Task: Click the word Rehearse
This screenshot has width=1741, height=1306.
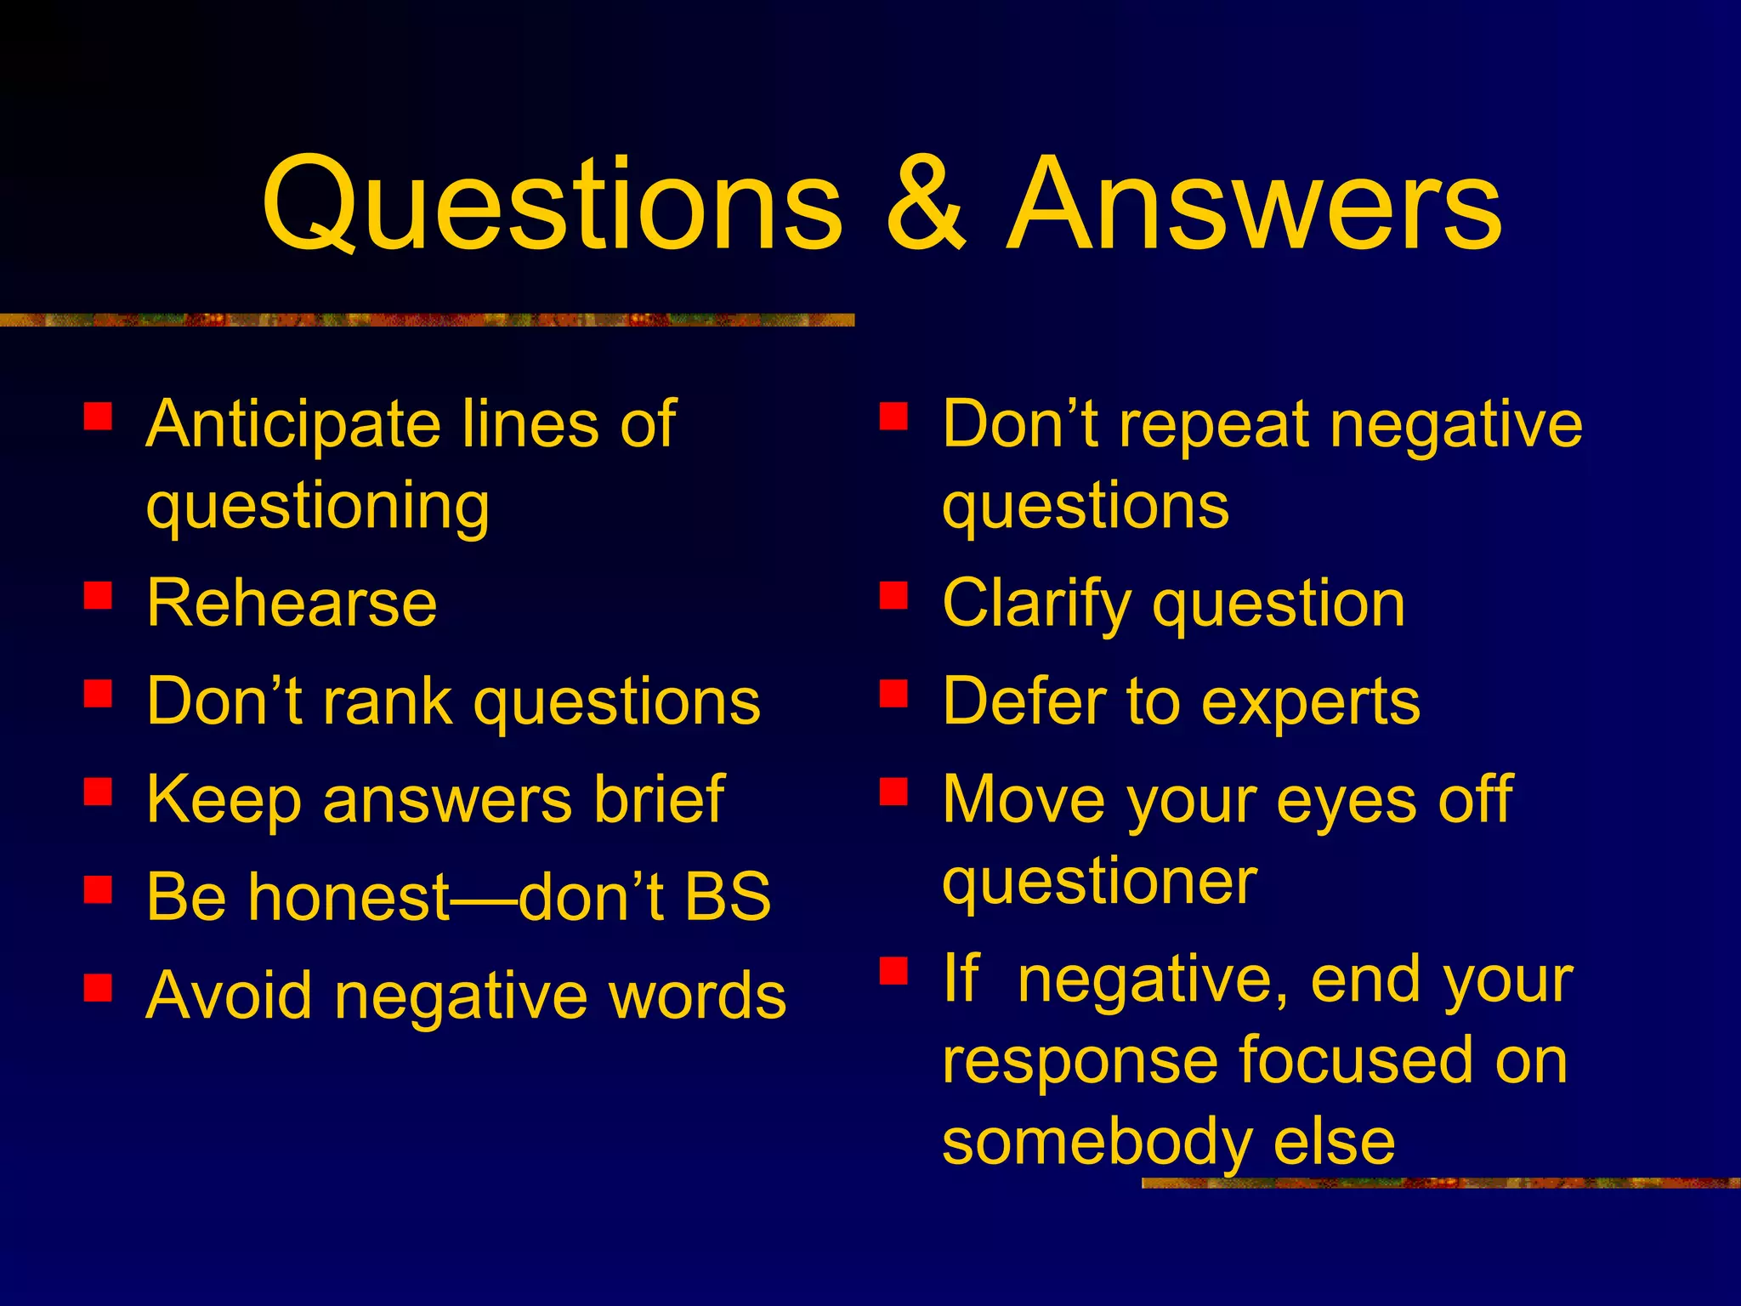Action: click(x=292, y=604)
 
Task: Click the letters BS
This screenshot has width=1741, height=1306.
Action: click(x=728, y=897)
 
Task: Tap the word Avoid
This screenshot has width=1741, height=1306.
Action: click(x=229, y=996)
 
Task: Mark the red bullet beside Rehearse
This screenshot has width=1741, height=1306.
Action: click(x=99, y=595)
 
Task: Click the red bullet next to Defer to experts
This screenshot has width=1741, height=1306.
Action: click(x=893, y=693)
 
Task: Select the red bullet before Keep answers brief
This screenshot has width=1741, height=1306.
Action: click(x=99, y=791)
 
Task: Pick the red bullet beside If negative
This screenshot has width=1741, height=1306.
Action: click(x=893, y=970)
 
